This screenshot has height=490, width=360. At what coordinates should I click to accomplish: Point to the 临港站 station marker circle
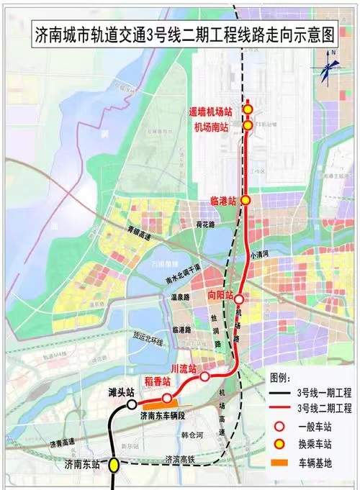coord(246,201)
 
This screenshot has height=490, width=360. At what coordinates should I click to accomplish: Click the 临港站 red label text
coord(223,201)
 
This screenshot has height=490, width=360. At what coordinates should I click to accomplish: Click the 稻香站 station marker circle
coord(167,398)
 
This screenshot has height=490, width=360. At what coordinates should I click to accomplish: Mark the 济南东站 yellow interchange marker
coord(114,466)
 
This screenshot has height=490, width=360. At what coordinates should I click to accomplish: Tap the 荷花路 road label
coord(205,224)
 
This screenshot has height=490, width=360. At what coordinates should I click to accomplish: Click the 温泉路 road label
coord(176,296)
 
